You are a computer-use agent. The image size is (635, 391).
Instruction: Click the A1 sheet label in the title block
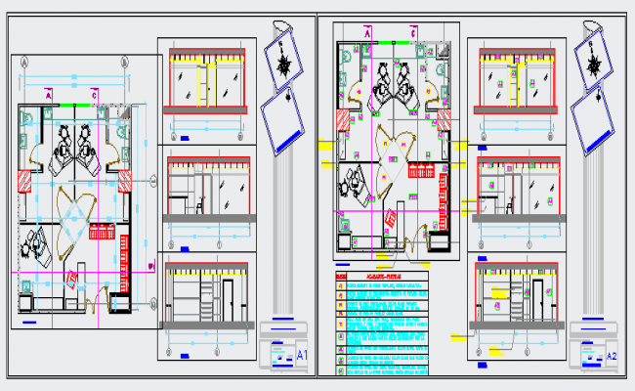click(x=302, y=353)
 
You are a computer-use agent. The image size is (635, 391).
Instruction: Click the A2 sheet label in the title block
click(x=612, y=356)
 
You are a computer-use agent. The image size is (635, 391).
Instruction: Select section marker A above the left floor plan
click(x=49, y=94)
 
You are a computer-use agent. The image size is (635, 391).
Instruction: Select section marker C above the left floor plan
click(x=94, y=94)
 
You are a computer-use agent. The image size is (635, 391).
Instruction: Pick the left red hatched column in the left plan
click(x=21, y=183)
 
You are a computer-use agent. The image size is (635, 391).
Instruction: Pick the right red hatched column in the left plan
click(x=125, y=182)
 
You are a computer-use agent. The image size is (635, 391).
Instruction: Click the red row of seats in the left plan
click(x=102, y=231)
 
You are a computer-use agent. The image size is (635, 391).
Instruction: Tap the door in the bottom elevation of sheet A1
click(x=227, y=301)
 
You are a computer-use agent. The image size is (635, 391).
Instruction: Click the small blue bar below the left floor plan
click(x=28, y=322)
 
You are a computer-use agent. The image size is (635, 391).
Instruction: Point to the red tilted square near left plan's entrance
click(x=71, y=281)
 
